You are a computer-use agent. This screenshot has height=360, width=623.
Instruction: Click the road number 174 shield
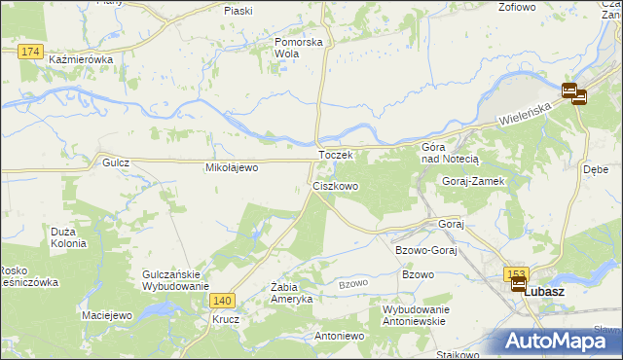[30, 51]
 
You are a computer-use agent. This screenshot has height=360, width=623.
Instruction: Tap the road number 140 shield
[222, 302]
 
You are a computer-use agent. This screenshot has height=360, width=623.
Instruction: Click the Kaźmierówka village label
[81, 59]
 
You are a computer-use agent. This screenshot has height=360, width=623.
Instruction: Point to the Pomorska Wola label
[298, 48]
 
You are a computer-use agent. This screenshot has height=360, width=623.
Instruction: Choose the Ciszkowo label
[336, 185]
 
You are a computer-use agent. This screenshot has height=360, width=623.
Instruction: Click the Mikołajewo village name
[231, 167]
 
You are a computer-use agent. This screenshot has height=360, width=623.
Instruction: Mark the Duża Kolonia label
[69, 237]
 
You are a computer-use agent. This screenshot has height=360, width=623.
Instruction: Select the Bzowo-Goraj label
[425, 250]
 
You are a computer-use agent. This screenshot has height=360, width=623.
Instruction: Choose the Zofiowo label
[517, 7]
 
